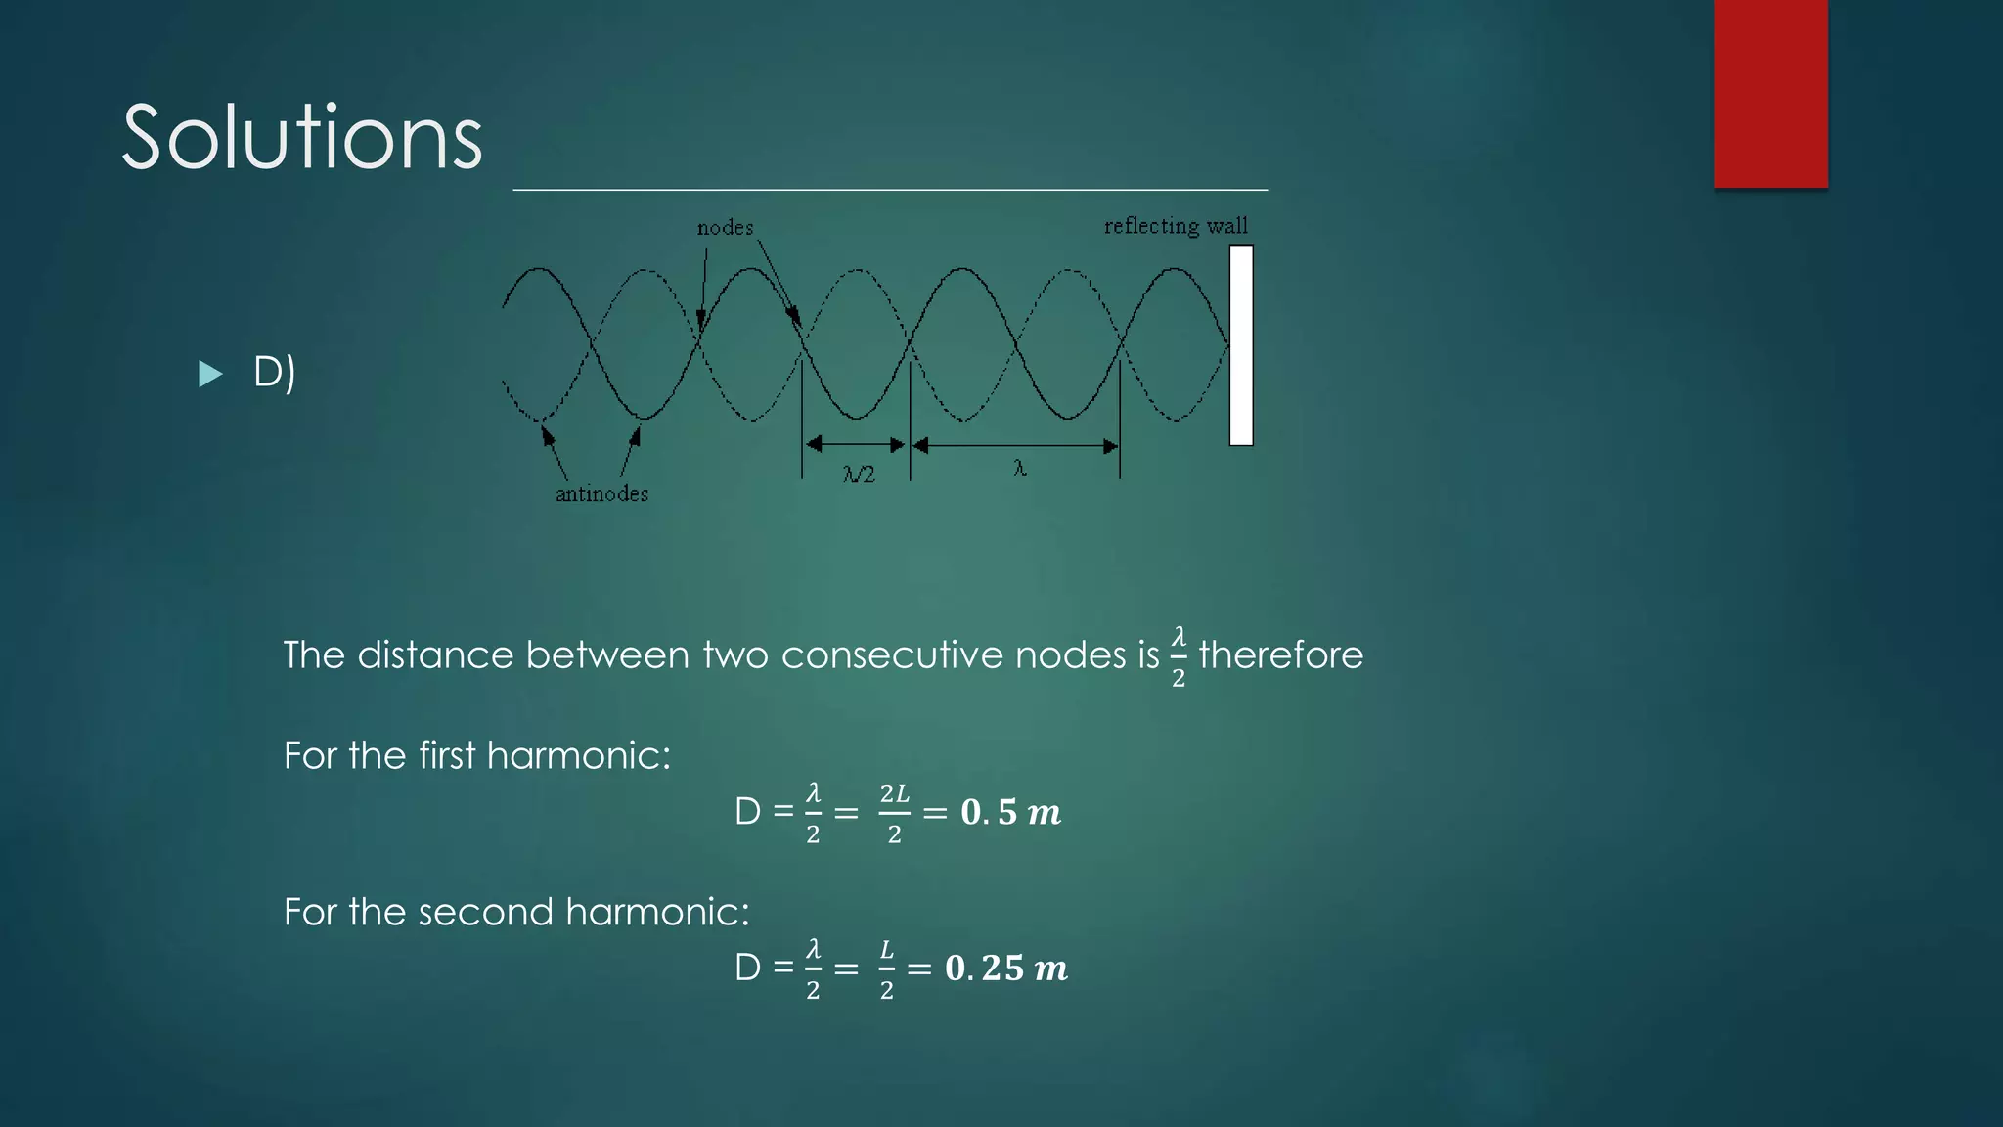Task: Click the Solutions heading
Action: click(302, 138)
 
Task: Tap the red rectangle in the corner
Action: click(1770, 93)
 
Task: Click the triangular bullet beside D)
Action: click(210, 374)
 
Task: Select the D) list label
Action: click(274, 372)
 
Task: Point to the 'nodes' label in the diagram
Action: click(725, 228)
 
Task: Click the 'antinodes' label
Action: click(601, 494)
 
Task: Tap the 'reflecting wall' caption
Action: click(1176, 226)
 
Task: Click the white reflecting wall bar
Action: click(1241, 345)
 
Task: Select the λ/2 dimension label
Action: click(859, 474)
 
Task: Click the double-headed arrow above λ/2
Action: click(856, 446)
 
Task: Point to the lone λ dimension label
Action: click(1019, 470)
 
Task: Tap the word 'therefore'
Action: click(1280, 655)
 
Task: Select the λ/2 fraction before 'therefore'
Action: click(1179, 656)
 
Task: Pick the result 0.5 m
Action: click(1010, 812)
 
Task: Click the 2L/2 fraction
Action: click(894, 812)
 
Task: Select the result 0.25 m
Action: click(1005, 969)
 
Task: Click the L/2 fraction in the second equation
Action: click(886, 969)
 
